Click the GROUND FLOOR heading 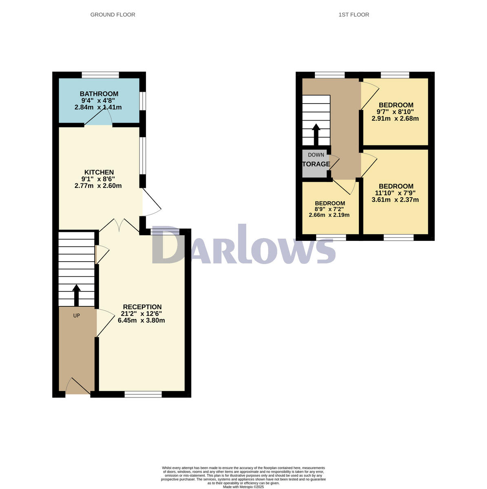(x=113, y=15)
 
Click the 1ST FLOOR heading (x=354, y=15)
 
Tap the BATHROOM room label (x=99, y=94)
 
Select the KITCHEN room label (x=99, y=172)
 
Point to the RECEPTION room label (x=142, y=307)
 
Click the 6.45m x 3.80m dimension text (x=141, y=320)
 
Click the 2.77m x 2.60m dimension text (x=98, y=186)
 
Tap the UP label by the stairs (x=76, y=315)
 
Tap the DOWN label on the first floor (x=316, y=155)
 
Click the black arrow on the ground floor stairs (x=76, y=295)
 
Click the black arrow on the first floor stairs (x=316, y=134)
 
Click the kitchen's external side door (x=151, y=202)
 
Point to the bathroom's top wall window (x=100, y=75)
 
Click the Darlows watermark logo (x=243, y=246)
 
